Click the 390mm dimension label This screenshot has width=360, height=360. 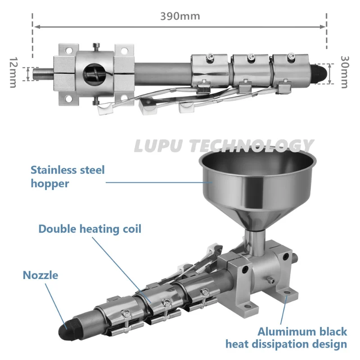pyautogui.click(x=180, y=16)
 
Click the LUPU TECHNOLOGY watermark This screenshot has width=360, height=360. pyautogui.click(x=224, y=146)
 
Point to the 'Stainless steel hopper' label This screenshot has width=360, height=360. pyautogui.click(x=67, y=176)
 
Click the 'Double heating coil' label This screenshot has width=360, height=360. pyautogui.click(x=90, y=229)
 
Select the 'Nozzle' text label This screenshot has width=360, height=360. pyautogui.click(x=40, y=275)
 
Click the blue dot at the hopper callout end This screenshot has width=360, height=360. pyautogui.click(x=213, y=182)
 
